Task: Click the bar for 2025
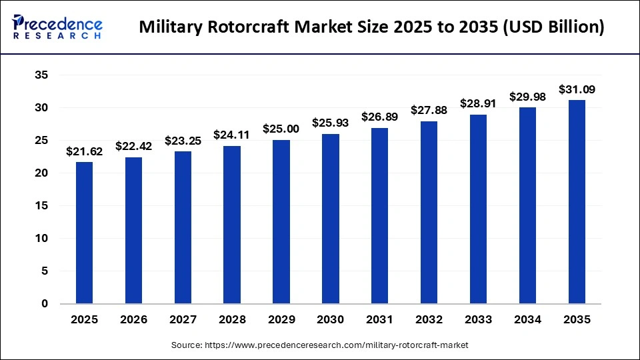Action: click(x=84, y=233)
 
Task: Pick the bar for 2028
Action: click(x=232, y=225)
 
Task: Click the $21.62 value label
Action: click(x=84, y=151)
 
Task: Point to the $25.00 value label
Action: click(x=281, y=129)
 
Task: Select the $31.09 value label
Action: click(x=577, y=89)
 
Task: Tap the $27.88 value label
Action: click(x=429, y=110)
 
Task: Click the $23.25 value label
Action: click(x=183, y=141)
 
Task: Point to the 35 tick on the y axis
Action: click(x=41, y=75)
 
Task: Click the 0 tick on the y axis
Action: click(x=45, y=304)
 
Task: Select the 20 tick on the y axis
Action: click(x=41, y=173)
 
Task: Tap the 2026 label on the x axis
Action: click(x=133, y=320)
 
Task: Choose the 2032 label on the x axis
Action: click(x=429, y=320)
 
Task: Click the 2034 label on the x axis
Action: click(x=527, y=320)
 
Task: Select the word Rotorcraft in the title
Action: click(x=243, y=28)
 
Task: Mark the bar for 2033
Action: click(x=478, y=209)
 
